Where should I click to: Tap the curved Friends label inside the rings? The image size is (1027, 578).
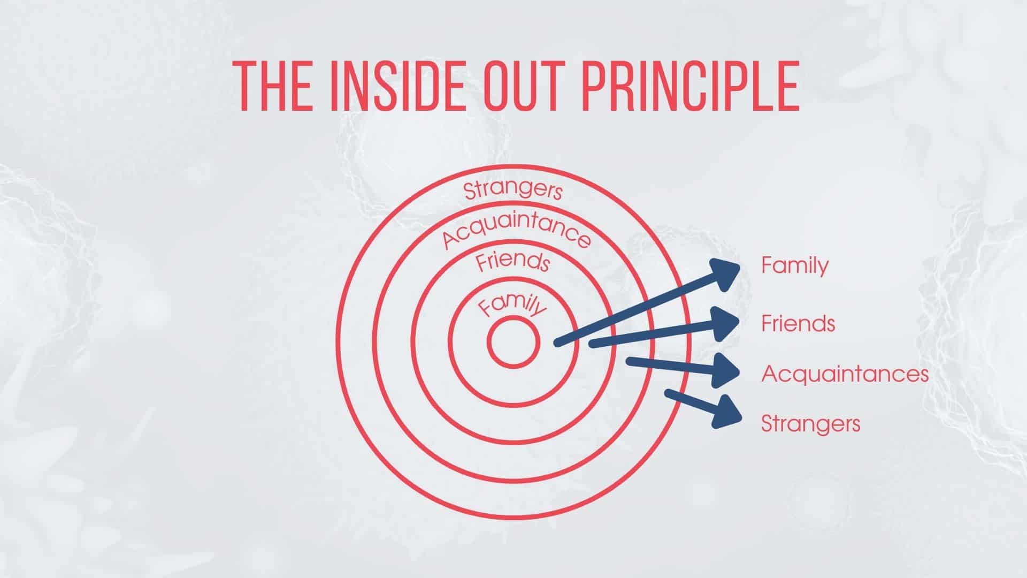point(513,262)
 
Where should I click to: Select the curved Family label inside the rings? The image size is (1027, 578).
point(512,307)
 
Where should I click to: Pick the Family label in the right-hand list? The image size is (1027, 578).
point(795,266)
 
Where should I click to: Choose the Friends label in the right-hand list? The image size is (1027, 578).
point(798,323)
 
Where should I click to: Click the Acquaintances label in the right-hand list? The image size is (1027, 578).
point(845,374)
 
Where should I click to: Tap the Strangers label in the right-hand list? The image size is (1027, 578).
point(810,424)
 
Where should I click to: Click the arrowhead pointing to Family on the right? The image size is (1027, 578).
point(725,274)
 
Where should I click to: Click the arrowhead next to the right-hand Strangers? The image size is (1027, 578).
point(726,412)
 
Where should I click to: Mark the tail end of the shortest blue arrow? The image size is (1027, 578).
point(668,393)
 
